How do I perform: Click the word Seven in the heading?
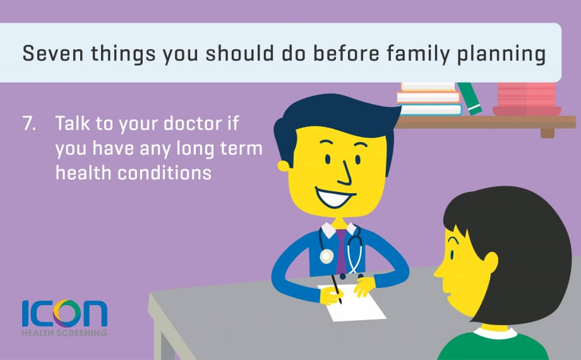click(x=53, y=54)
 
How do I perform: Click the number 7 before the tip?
click(x=29, y=123)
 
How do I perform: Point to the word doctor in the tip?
click(x=193, y=123)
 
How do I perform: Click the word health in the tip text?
click(x=83, y=173)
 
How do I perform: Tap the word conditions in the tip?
click(x=165, y=173)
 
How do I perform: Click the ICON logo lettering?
click(x=64, y=313)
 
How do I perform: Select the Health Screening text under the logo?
click(x=64, y=333)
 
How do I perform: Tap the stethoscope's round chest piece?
click(x=326, y=256)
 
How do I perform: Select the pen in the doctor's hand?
click(x=337, y=289)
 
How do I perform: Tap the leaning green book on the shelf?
click(x=469, y=99)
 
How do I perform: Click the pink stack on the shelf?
click(x=527, y=99)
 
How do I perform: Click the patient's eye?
click(x=452, y=255)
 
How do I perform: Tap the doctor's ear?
click(x=284, y=165)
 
